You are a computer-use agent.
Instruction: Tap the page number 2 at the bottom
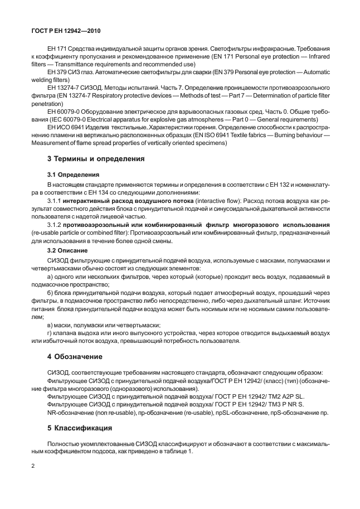click(33, 464)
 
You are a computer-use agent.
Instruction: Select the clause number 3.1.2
click(55, 224)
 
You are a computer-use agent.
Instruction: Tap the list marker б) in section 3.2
click(51, 293)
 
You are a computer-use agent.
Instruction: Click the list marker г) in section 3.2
click(51, 333)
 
